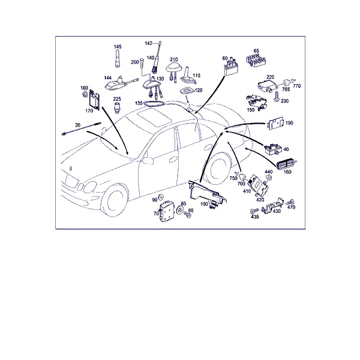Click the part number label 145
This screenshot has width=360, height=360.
coord(118,47)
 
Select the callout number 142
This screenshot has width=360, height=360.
coord(149,43)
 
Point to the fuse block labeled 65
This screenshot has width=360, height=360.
coord(256,61)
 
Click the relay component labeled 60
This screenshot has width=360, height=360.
coord(231,67)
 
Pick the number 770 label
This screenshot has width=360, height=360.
coord(297,86)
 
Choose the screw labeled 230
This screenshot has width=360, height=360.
coord(277,97)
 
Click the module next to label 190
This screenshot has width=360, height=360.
coord(275,124)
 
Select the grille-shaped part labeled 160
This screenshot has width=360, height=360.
coord(287,164)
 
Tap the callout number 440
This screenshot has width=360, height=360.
coord(269,172)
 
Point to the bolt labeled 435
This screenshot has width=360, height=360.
coord(254,211)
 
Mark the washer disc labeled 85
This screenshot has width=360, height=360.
coord(179,211)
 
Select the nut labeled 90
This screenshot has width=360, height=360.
coord(160,197)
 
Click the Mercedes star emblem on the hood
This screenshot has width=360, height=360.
coord(71,169)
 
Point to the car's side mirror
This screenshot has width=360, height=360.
coord(148,160)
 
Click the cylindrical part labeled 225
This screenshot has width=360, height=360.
coord(117,107)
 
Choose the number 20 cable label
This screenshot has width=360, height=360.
coord(77,125)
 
